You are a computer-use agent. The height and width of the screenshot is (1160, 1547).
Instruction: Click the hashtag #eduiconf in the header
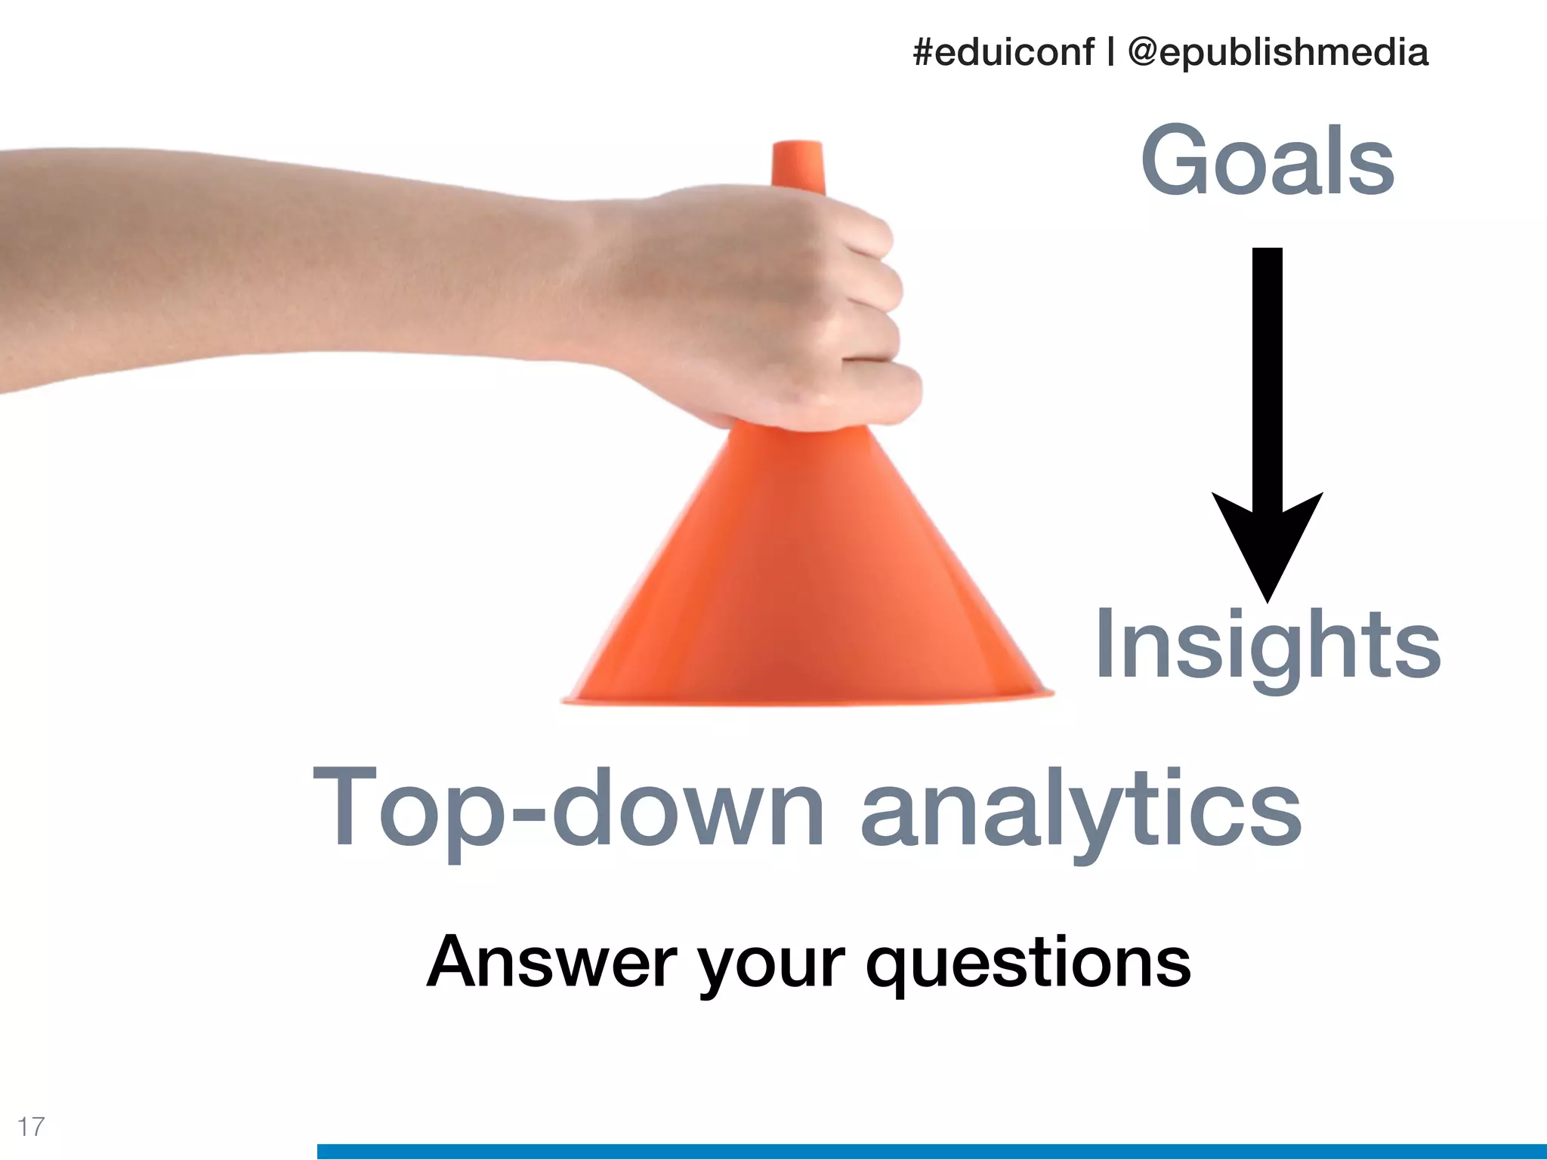point(1003,52)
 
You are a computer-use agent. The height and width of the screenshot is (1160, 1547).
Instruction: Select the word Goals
point(1268,161)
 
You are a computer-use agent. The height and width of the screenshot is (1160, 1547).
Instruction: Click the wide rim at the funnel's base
point(807,699)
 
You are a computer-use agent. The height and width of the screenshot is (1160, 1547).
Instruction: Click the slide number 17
point(31,1126)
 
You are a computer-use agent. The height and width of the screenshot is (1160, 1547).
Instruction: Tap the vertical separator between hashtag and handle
point(1110,52)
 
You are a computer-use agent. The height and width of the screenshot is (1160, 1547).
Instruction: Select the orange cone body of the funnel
point(801,574)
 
